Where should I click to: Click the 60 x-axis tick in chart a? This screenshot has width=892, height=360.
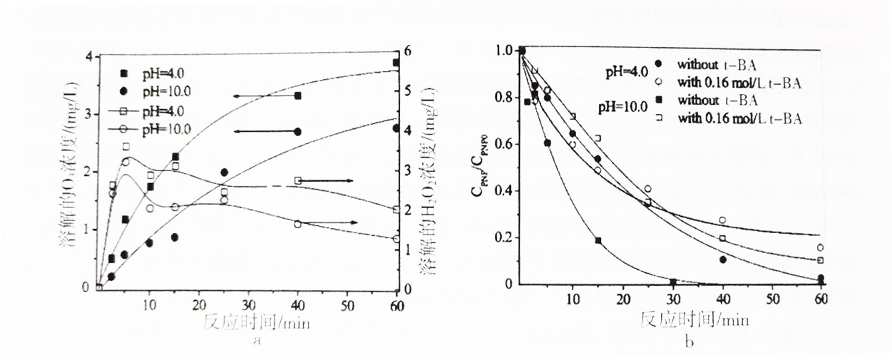pos(396,306)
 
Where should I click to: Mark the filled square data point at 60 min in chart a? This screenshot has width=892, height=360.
pos(396,63)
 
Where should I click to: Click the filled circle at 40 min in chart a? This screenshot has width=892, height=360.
pos(297,132)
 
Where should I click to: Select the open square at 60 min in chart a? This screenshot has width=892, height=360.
pos(396,210)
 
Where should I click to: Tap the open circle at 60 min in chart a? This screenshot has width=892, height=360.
pos(396,240)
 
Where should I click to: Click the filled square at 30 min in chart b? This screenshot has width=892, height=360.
pos(673,282)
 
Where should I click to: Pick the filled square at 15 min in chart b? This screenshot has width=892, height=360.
pos(598,241)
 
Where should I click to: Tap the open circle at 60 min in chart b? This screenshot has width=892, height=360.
pos(821,248)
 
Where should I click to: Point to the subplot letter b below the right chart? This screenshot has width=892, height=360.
pos(688,342)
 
